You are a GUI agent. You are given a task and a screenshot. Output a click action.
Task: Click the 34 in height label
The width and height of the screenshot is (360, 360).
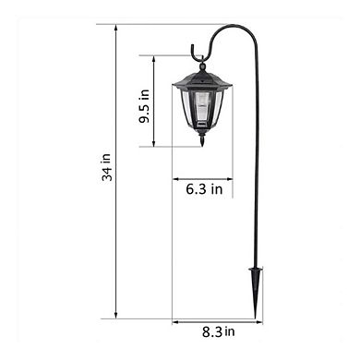(106, 173)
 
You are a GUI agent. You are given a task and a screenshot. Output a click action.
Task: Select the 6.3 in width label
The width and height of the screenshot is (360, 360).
(203, 189)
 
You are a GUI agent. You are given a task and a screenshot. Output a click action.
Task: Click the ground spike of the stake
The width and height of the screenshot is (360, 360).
(254, 281)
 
